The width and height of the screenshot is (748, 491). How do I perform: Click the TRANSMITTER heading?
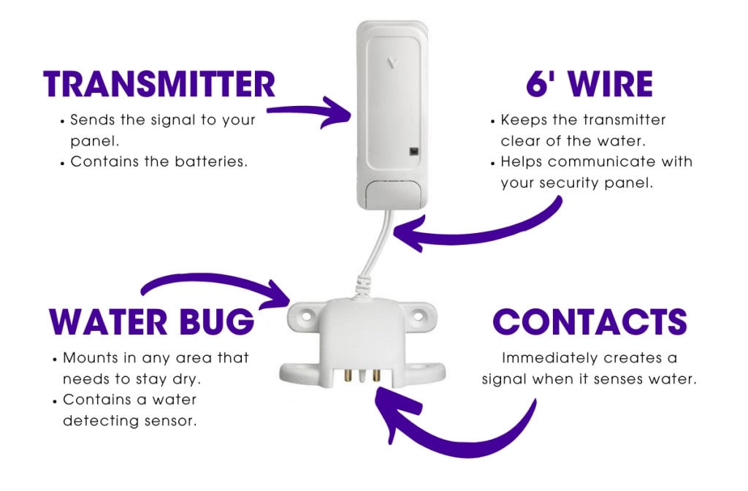coord(159,84)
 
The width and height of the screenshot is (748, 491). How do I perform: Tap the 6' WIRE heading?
coord(589,84)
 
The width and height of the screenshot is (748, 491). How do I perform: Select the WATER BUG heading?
coord(151,322)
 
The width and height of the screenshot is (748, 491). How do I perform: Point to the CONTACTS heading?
coord(589,322)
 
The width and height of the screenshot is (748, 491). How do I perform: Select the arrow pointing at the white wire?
coord(475,234)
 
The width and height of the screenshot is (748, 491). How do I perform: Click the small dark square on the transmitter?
coord(414,152)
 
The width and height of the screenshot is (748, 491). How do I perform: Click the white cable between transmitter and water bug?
coord(371,248)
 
